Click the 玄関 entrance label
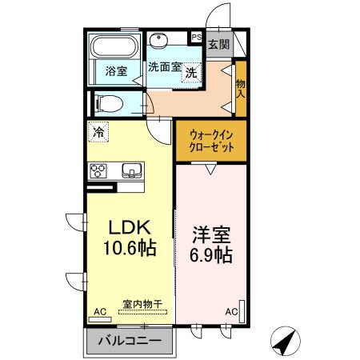(x=218, y=44)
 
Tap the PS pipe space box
(x=195, y=37)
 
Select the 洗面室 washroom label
(x=165, y=68)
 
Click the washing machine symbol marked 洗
(x=191, y=73)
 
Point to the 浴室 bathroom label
(x=117, y=71)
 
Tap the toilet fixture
(x=108, y=102)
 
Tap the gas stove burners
(x=99, y=170)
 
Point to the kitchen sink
(x=130, y=170)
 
